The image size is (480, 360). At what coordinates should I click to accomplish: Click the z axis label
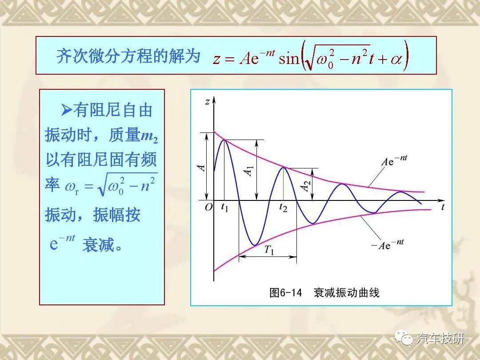[207, 101]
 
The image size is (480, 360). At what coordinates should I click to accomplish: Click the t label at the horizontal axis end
[443, 207]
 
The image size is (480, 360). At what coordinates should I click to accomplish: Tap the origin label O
[208, 208]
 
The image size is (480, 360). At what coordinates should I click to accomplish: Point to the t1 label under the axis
[225, 208]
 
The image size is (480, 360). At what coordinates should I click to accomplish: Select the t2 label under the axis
[283, 208]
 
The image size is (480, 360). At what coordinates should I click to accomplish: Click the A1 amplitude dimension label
[249, 171]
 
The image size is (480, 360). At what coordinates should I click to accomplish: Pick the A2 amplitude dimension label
[306, 186]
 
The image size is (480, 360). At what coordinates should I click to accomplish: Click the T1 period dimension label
[269, 250]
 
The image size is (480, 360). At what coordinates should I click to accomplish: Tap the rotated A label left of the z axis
[201, 168]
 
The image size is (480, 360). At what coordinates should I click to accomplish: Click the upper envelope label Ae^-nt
[394, 160]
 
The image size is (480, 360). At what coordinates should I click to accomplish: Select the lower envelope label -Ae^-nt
[387, 244]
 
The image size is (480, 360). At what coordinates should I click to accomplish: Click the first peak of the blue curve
[225, 140]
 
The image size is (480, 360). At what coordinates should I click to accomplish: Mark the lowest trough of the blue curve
[254, 245]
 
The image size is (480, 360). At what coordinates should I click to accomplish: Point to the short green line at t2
[284, 184]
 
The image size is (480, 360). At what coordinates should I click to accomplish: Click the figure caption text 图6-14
[285, 292]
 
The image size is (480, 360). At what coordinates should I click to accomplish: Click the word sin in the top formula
[288, 58]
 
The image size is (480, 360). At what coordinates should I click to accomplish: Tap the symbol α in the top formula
[396, 59]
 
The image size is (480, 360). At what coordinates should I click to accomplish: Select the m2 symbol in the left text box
[149, 136]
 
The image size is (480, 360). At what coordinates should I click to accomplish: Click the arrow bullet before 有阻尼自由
[66, 110]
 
